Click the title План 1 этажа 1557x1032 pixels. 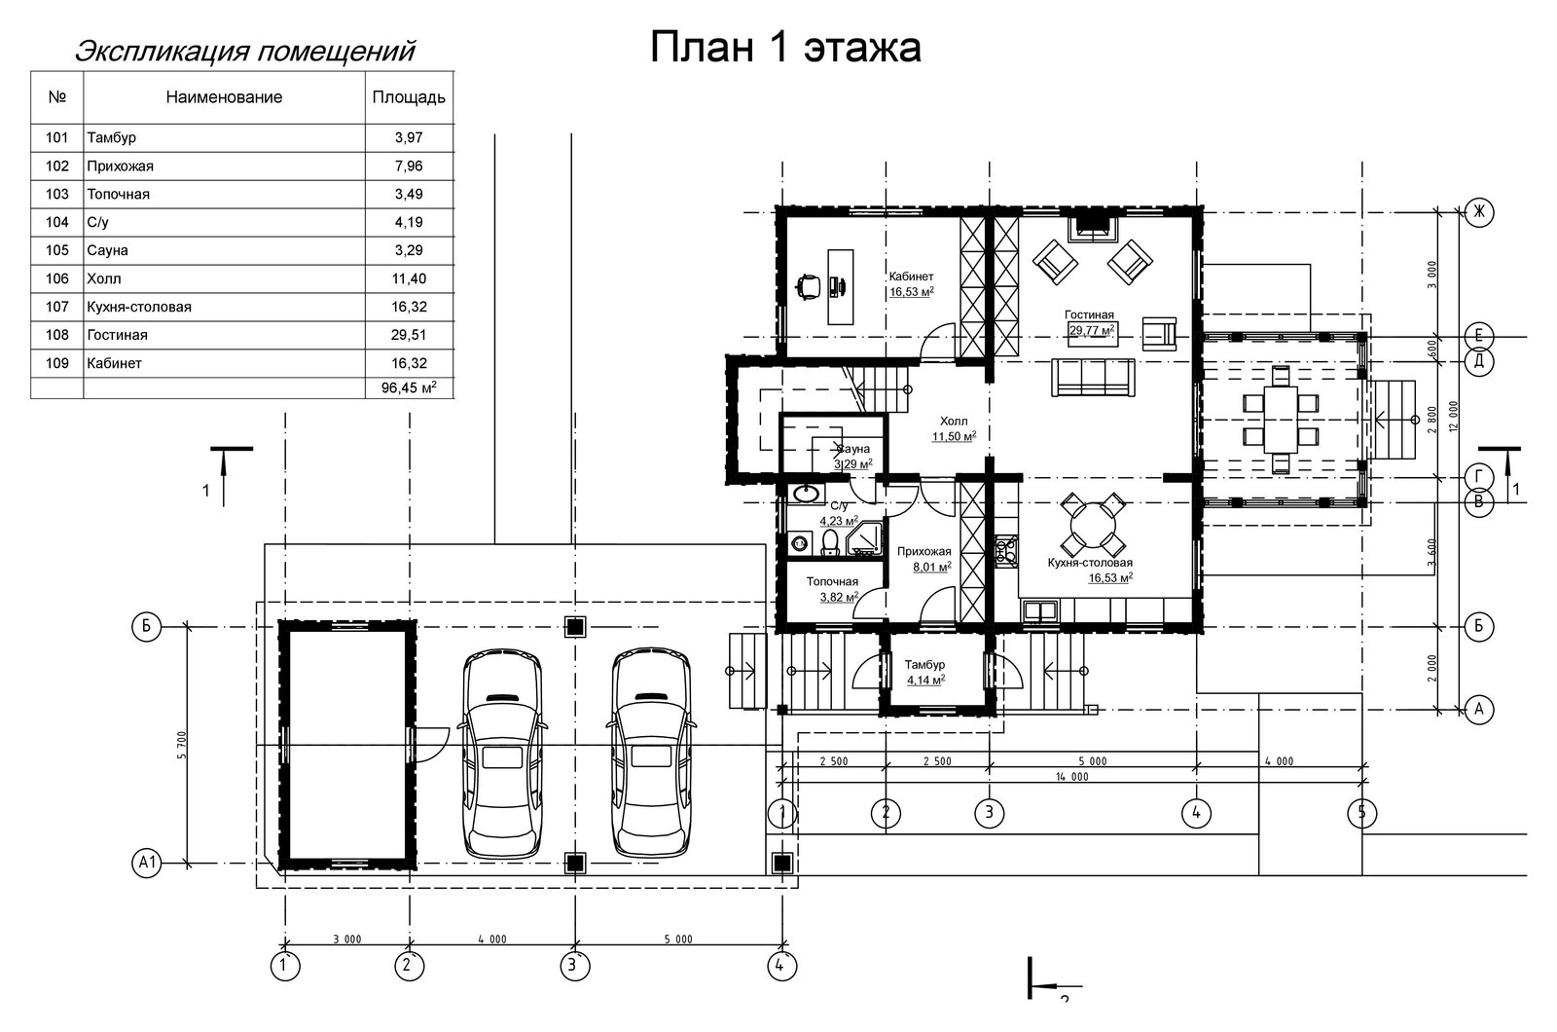784,48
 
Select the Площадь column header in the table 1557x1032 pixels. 409,97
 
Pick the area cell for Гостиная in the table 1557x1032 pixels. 409,335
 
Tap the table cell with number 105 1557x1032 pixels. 57,250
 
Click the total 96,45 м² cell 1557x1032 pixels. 409,388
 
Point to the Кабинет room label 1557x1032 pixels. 911,276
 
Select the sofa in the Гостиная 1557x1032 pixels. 1093,377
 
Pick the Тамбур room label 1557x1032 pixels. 924,665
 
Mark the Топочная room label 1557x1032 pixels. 832,582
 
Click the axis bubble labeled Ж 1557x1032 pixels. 1478,211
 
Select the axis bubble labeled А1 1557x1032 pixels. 147,863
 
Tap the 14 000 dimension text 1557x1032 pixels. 1071,777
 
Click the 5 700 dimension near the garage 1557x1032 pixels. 182,744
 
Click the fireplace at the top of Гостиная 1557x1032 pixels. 1092,229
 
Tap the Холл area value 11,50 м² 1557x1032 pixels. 954,437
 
